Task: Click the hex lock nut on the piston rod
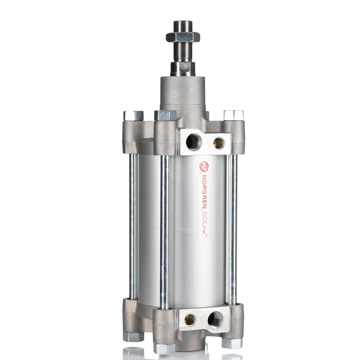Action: tap(183, 36)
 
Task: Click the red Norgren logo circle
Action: tap(204, 166)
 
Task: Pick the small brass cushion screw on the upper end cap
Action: tap(219, 143)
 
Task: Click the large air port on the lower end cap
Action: tap(215, 319)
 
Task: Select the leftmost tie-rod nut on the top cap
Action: tap(134, 116)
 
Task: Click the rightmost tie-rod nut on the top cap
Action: tap(233, 115)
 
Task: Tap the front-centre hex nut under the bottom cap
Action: tap(164, 348)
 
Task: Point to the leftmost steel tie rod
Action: tap(133, 225)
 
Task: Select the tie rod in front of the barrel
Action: tap(165, 229)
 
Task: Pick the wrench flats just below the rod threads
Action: tap(183, 67)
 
